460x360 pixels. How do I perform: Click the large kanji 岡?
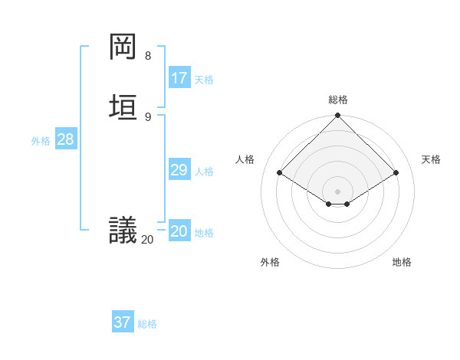[x=123, y=47]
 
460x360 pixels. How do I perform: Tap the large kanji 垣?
[x=123, y=106]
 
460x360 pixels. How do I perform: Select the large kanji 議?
[x=123, y=229]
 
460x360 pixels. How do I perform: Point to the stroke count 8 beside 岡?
[x=147, y=56]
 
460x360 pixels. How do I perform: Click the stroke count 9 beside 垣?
[x=147, y=116]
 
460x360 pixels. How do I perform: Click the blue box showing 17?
[x=179, y=78]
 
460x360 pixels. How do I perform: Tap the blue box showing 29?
[x=179, y=170]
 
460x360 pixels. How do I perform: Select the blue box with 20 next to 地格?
[x=179, y=231]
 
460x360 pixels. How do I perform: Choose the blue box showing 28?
[x=65, y=139]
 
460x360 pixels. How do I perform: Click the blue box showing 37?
[x=123, y=322]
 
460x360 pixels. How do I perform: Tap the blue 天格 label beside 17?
[x=204, y=80]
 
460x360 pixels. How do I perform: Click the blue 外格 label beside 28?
[x=41, y=141]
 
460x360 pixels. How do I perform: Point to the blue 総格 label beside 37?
[x=147, y=324]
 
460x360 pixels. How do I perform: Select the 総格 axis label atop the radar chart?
[x=338, y=100]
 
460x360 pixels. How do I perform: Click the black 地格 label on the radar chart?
[x=402, y=262]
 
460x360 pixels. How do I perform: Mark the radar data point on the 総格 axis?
[x=338, y=116]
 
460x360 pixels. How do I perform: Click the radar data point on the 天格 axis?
[x=396, y=173]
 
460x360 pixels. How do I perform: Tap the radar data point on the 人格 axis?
[x=280, y=173]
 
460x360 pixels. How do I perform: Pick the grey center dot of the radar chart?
[x=338, y=191]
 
